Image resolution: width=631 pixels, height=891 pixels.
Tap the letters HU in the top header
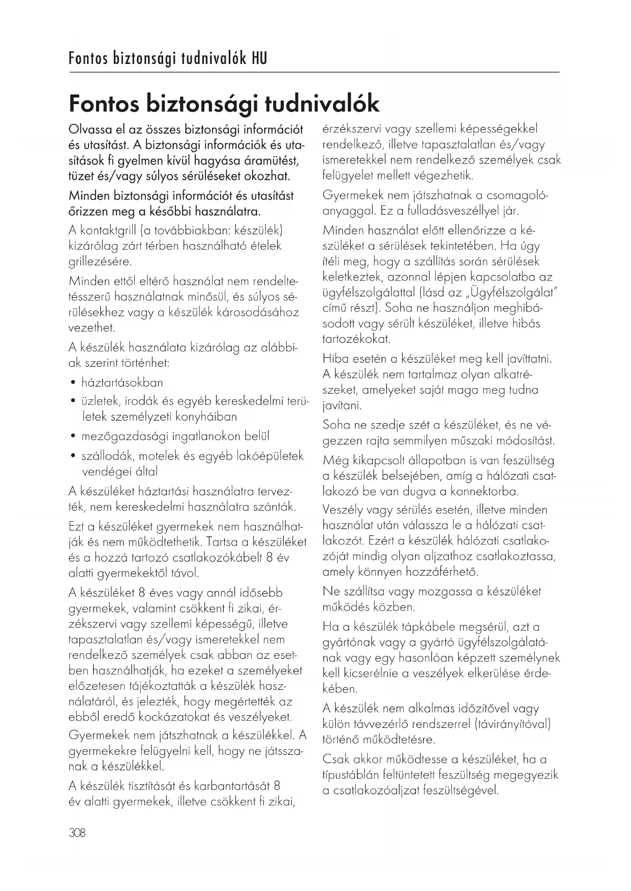[x=259, y=59]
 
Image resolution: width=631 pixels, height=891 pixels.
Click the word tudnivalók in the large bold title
[x=322, y=104]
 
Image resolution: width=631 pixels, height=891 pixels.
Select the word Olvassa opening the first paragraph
[x=90, y=130]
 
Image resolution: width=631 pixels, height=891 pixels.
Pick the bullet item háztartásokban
[x=122, y=383]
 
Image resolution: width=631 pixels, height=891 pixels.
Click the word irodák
[x=136, y=401]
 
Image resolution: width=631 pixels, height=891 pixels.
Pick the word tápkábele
[x=415, y=627]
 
